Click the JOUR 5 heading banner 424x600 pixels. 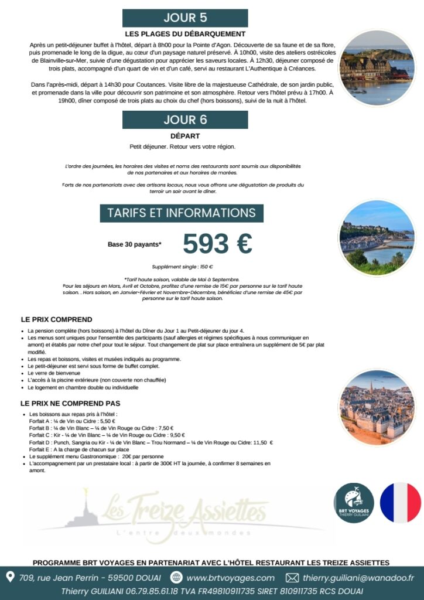click(185, 18)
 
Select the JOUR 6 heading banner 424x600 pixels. click(185, 120)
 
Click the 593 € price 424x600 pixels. click(217, 243)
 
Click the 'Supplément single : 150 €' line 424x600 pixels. click(182, 267)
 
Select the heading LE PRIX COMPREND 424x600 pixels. click(56, 320)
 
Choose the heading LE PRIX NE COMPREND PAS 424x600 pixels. click(70, 404)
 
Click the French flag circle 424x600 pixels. click(401, 503)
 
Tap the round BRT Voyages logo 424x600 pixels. click(354, 503)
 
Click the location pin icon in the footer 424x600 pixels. click(10, 577)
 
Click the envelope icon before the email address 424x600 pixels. click(292, 578)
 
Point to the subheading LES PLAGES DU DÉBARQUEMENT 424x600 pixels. click(185, 34)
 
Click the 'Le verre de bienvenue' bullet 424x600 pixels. click(54, 373)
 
